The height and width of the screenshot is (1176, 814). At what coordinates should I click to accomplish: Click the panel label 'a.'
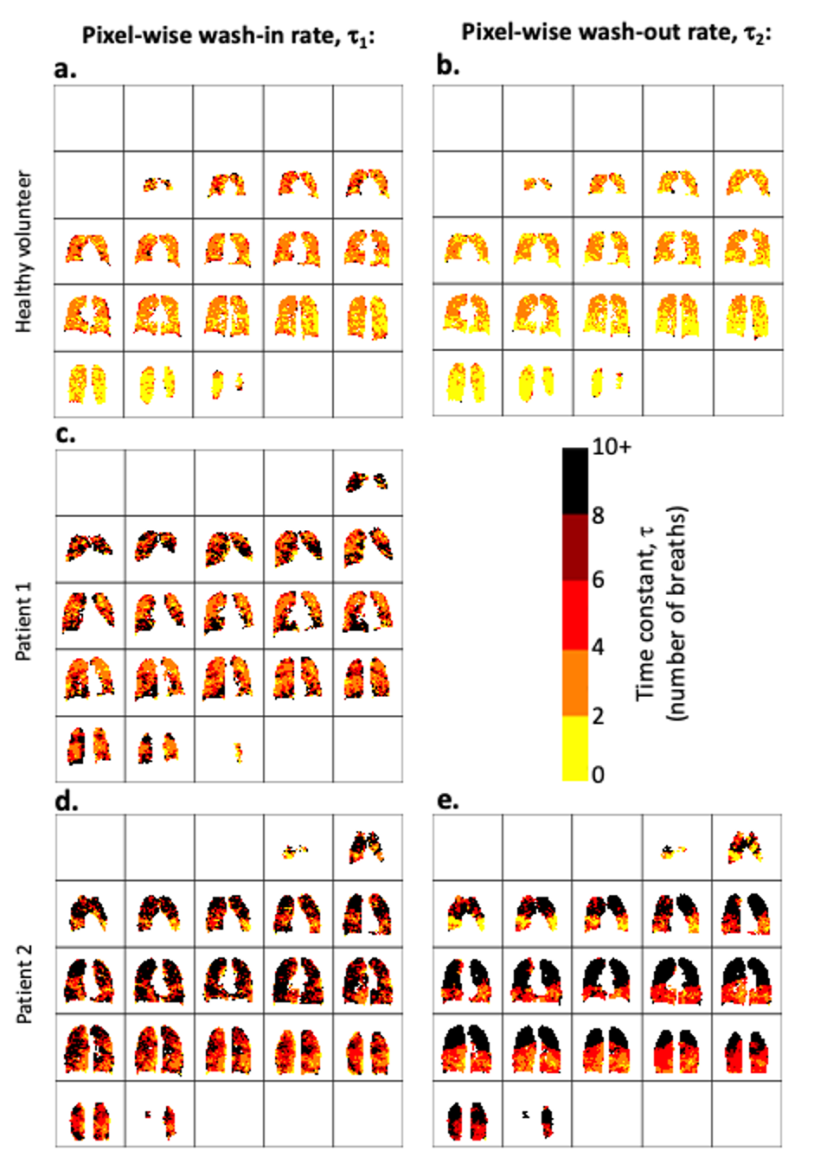pos(65,68)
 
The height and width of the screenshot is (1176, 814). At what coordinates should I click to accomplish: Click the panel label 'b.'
pos(447,65)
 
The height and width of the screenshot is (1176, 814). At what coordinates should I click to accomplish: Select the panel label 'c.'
pos(65,434)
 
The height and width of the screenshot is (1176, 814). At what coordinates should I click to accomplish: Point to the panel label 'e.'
pos(447,800)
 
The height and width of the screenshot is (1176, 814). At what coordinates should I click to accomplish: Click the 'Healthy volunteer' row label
pos(25,251)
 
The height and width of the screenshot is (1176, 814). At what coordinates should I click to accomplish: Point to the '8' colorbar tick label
pos(598,516)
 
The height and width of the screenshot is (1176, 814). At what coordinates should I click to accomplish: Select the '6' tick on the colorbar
pos(598,580)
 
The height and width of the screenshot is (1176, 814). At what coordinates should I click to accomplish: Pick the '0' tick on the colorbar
pos(598,774)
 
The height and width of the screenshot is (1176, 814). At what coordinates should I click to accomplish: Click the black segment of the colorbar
pos(575,481)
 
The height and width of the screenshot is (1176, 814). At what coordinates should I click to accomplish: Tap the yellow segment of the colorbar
pos(575,748)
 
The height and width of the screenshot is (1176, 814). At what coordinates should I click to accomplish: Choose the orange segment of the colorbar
pos(575,682)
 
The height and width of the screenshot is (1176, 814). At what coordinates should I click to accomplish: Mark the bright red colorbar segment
pos(575,615)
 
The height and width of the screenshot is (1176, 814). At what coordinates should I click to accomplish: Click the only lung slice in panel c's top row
pos(368,481)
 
